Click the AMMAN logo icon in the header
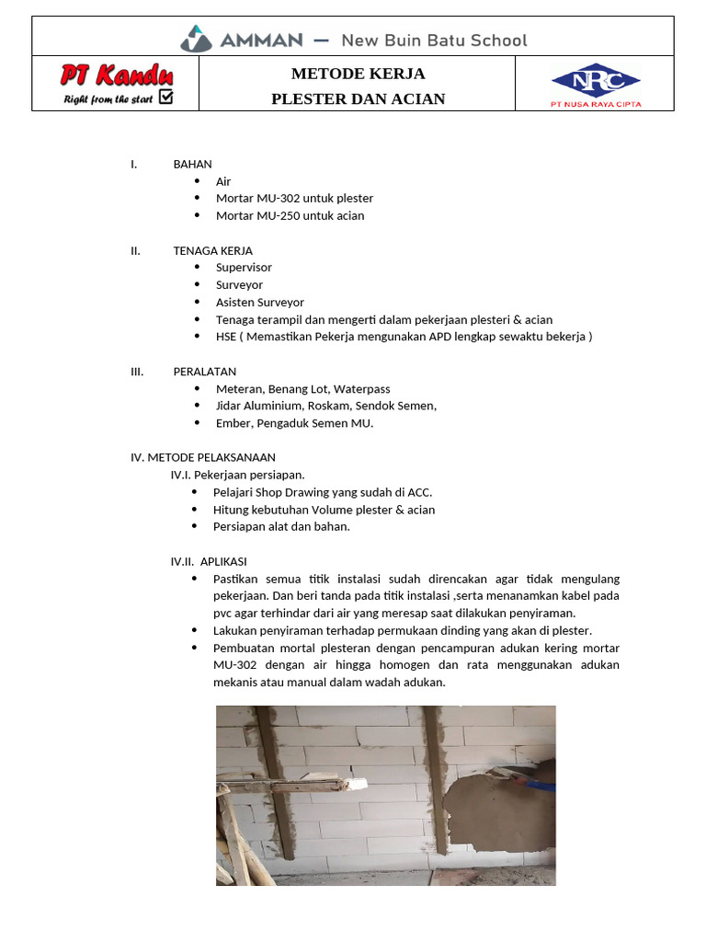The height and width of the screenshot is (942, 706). tap(195, 39)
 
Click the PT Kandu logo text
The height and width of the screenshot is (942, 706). tap(117, 75)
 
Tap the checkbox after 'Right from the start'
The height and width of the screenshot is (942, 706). tap(166, 97)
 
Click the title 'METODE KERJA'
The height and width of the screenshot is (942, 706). tap(358, 74)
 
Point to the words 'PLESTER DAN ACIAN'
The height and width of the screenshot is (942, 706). tap(358, 98)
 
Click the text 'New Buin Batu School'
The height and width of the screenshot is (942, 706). tap(434, 40)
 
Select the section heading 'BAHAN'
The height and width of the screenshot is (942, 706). tap(192, 164)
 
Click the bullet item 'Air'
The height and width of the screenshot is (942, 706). tap(223, 181)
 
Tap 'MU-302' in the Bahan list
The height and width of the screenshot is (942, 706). tap(279, 198)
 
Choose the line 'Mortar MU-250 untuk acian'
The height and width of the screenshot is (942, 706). tap(290, 215)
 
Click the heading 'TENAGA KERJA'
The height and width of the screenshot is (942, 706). tap(212, 250)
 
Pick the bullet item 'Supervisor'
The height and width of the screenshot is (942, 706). tap(244, 267)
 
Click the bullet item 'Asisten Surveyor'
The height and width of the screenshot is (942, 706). tap(259, 302)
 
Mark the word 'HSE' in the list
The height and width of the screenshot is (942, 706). tap(226, 336)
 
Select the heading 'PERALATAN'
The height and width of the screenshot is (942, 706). tap(205, 372)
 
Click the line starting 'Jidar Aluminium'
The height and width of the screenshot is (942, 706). tap(325, 406)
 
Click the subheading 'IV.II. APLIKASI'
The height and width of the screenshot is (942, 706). tap(209, 561)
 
